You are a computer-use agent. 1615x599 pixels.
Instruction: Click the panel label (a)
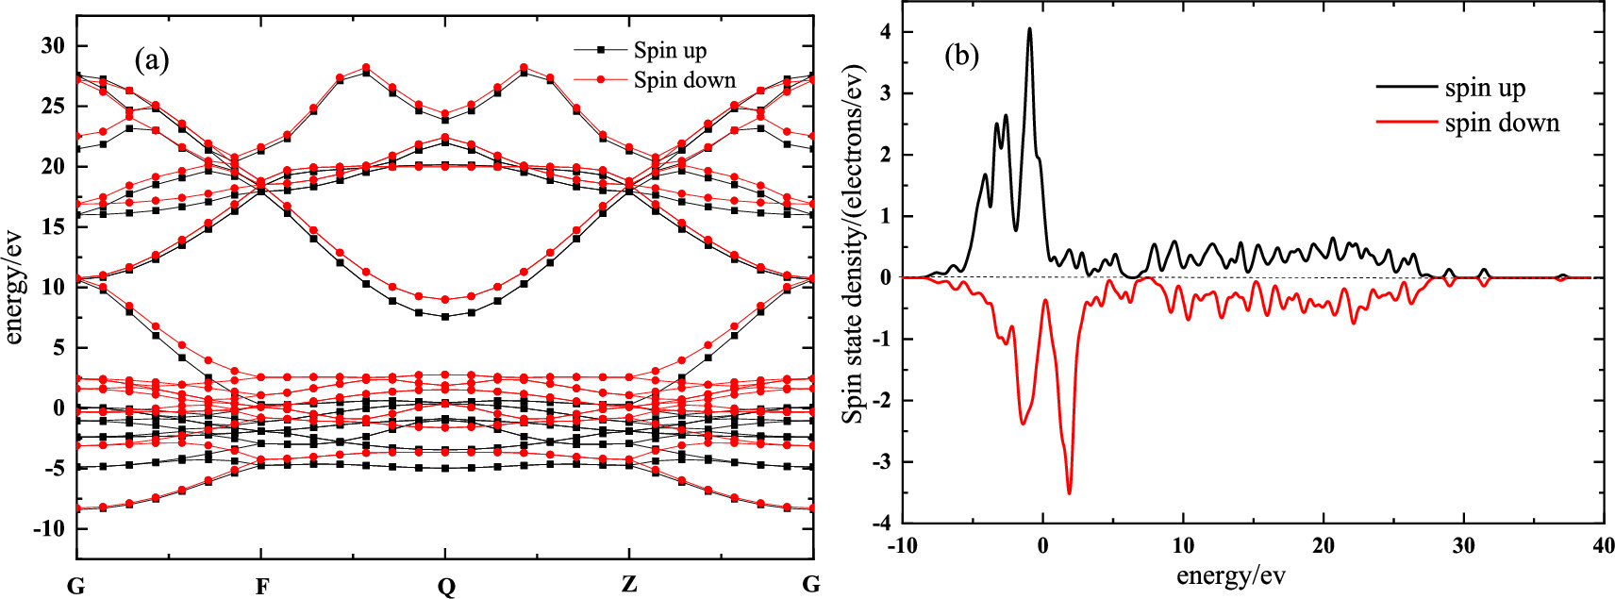click(152, 61)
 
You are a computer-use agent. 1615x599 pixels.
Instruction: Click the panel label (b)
click(961, 57)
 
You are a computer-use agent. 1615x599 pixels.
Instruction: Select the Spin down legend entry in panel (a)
click(684, 80)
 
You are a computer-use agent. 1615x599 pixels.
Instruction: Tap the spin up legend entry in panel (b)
click(1485, 88)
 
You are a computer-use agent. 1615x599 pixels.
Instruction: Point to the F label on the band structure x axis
click(261, 586)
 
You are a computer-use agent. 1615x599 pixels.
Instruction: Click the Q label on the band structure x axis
click(445, 586)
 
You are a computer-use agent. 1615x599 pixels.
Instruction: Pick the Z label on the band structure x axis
click(629, 585)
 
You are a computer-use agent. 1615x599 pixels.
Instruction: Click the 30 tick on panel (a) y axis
click(52, 45)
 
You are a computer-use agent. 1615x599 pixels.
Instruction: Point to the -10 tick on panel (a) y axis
click(48, 528)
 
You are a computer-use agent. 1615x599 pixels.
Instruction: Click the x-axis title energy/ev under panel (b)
click(1230, 575)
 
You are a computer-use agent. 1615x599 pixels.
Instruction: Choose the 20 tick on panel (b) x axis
click(1323, 545)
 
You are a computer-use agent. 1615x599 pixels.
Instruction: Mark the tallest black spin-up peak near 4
click(1029, 28)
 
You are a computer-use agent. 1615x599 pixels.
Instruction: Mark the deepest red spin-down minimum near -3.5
click(1069, 492)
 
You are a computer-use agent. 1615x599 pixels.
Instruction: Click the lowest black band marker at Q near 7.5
click(444, 317)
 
